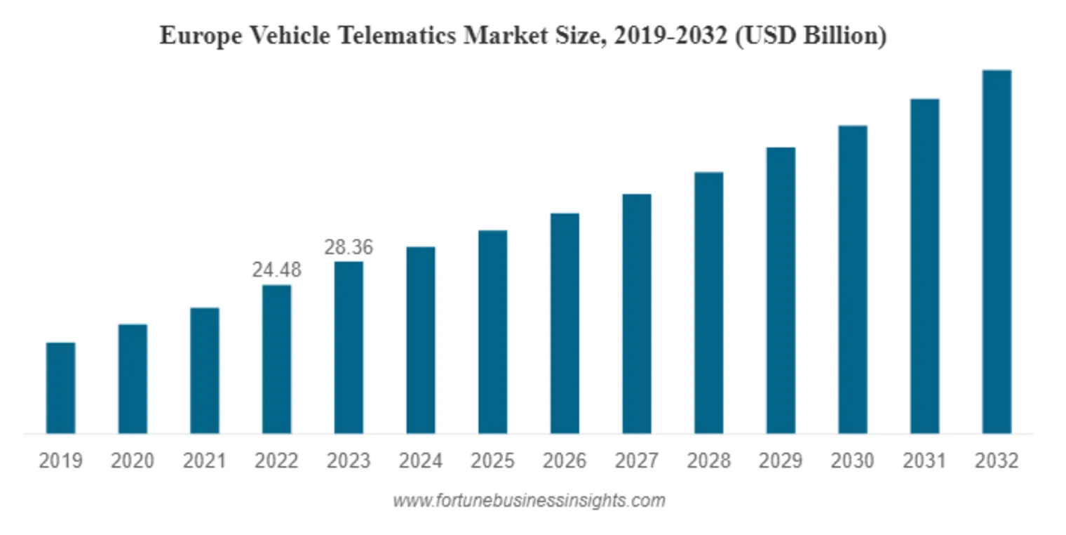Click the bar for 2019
(x=61, y=388)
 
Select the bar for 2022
(x=276, y=359)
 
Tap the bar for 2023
(x=349, y=348)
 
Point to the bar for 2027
(x=636, y=313)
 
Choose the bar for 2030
(x=853, y=279)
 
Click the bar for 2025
(x=492, y=331)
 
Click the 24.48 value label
(x=276, y=270)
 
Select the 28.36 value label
(x=349, y=247)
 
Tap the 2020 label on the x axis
(x=133, y=461)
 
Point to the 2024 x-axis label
(x=421, y=461)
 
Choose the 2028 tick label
(x=708, y=461)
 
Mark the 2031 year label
(x=924, y=461)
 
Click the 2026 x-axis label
(x=565, y=461)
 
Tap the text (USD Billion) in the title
(x=810, y=35)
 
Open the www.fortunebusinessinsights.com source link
(x=529, y=501)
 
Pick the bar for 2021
(x=205, y=370)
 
